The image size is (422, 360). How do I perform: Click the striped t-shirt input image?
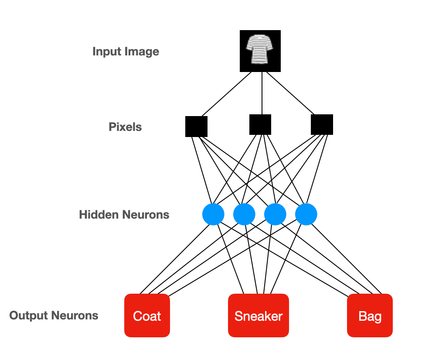260,51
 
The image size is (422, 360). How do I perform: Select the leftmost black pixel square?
196,127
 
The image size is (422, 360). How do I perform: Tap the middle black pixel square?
260,124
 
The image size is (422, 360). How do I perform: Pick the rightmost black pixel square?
322,124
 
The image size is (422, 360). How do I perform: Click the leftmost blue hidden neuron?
213,214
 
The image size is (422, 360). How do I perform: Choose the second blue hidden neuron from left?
244,214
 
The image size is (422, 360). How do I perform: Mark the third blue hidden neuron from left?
275,214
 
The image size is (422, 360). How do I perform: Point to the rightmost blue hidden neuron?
306,214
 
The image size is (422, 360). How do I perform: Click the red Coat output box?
147,315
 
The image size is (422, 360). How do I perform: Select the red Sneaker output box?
259,315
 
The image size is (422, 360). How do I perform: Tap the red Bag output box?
370,315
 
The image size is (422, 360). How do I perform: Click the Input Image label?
126,51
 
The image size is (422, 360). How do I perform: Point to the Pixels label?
125,127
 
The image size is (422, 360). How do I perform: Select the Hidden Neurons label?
124,215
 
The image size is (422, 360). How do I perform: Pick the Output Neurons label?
54,315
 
